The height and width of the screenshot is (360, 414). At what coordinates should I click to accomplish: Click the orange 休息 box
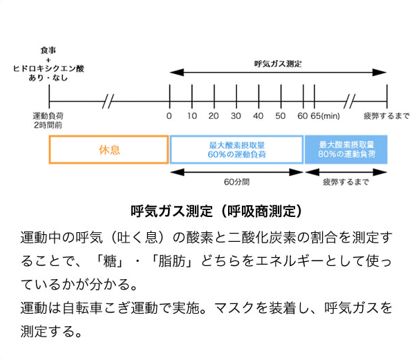pyautogui.click(x=109, y=150)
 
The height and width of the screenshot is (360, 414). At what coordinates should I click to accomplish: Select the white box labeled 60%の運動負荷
pyautogui.click(x=236, y=150)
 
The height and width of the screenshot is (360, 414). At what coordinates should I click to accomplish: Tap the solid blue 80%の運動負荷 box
pyautogui.click(x=346, y=150)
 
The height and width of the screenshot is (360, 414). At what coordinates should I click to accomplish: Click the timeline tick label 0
pyautogui.click(x=169, y=116)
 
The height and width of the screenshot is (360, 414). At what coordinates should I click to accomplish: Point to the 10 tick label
pyautogui.click(x=192, y=116)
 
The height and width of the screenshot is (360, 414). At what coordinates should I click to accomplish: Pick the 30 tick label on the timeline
pyautogui.click(x=236, y=116)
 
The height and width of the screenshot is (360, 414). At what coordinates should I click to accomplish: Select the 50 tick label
pyautogui.click(x=281, y=116)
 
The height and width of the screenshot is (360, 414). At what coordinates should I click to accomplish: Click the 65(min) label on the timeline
pyautogui.click(x=326, y=116)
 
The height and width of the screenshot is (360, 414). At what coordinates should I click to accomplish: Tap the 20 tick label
pyautogui.click(x=214, y=116)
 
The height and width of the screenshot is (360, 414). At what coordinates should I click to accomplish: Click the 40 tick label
pyautogui.click(x=258, y=116)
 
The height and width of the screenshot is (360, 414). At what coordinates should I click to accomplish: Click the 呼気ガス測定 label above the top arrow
pyautogui.click(x=278, y=64)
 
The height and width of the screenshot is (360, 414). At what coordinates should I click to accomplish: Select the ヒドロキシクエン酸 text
pyautogui.click(x=48, y=68)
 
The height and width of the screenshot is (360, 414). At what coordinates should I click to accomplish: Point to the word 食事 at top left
pyautogui.click(x=48, y=50)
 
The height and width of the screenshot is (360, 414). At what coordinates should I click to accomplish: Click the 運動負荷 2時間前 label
pyautogui.click(x=48, y=120)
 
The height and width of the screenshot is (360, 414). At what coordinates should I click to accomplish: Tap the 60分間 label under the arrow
pyautogui.click(x=236, y=182)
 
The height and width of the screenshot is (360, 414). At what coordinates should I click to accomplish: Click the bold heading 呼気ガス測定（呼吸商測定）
pyautogui.click(x=216, y=211)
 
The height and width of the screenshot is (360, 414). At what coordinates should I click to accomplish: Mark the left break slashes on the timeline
pyautogui.click(x=108, y=102)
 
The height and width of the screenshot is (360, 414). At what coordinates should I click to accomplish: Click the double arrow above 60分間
pyautogui.click(x=236, y=172)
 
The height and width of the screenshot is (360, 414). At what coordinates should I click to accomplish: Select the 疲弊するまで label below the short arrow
pyautogui.click(x=346, y=182)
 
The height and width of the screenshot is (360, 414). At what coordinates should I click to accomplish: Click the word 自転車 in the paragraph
pyautogui.click(x=83, y=308)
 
